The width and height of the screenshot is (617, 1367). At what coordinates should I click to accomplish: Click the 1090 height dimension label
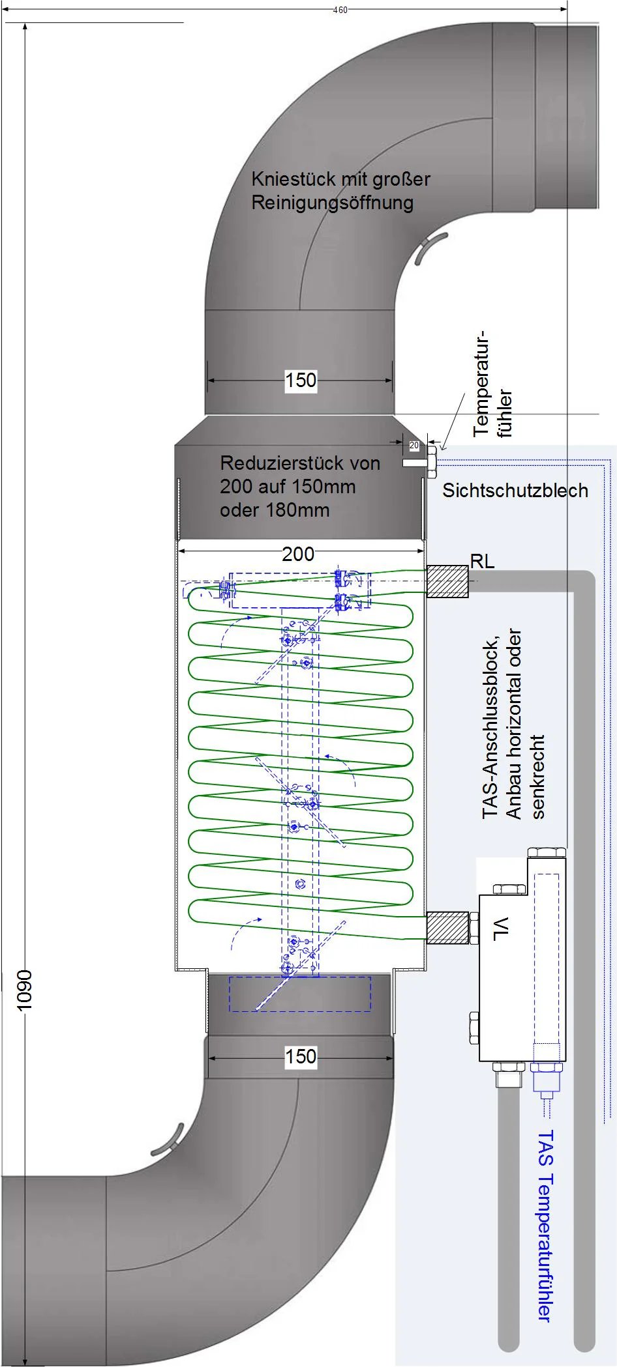24,991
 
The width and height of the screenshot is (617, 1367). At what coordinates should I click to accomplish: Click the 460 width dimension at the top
340,10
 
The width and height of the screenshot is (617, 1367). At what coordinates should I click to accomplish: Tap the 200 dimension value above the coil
298,554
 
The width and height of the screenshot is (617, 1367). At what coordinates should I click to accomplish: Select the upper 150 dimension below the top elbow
301,380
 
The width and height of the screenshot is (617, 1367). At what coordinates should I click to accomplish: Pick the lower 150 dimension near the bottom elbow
301,1056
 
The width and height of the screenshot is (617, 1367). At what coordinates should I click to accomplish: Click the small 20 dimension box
414,446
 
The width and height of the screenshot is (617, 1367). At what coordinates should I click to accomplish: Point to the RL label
483,561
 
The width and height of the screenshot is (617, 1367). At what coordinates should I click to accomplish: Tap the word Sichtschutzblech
515,491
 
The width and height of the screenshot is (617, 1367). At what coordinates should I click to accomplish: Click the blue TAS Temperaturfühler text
545,1226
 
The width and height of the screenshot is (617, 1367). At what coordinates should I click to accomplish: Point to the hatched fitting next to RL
447,581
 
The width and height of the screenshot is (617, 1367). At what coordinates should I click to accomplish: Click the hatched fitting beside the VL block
447,928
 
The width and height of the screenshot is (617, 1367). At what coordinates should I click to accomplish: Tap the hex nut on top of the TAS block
547,852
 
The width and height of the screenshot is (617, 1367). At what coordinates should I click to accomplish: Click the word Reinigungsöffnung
333,203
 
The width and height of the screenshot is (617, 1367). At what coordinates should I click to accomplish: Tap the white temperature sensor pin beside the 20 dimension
415,463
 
